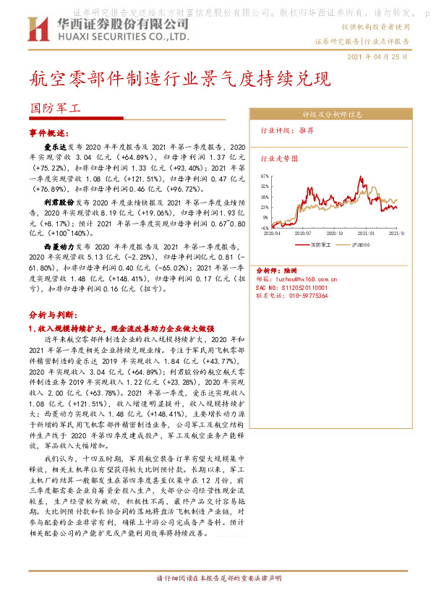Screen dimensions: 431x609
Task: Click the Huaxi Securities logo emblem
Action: point(36,28)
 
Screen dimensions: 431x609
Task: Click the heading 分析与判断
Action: point(51,315)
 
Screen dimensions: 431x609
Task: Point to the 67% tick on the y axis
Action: point(265,176)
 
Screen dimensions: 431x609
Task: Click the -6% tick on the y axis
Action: point(265,226)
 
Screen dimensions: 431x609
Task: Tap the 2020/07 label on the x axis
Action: point(303,233)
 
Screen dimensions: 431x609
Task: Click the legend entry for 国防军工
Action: point(318,245)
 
